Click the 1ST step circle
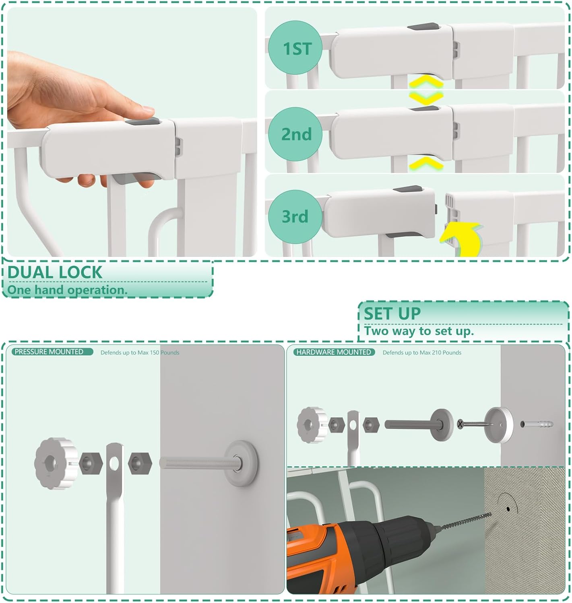(296, 48)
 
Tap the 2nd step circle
(296, 134)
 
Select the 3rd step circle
(295, 216)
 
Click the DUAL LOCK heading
(55, 272)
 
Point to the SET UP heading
(392, 313)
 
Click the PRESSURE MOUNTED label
(49, 352)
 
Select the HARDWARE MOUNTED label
(334, 352)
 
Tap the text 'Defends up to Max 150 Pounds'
(140, 353)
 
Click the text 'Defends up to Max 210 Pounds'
(422, 353)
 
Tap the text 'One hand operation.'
(67, 290)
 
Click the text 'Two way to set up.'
(419, 331)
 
